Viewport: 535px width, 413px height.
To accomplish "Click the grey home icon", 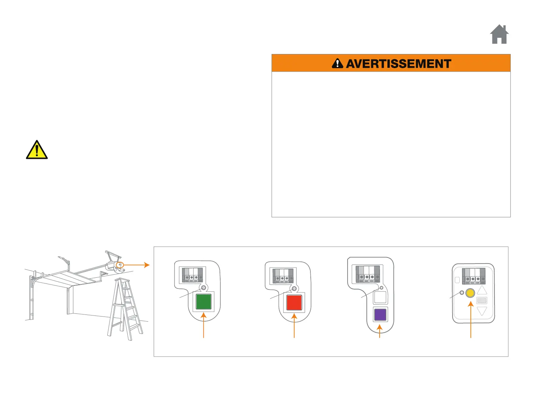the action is coord(499,35).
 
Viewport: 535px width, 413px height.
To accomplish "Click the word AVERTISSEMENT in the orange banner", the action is coord(399,64).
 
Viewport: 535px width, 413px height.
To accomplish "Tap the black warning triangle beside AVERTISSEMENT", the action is coord(337,63).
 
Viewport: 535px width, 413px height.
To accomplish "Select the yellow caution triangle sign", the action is coord(37,150).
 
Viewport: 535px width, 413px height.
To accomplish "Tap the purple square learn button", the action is coord(380,314).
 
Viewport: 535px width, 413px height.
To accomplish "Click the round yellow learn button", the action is coord(470,293).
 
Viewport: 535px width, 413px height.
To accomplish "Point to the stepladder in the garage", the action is coord(125,309).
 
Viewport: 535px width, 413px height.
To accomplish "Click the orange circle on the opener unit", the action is coord(120,265).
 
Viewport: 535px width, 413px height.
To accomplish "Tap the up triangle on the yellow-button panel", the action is coord(482,290).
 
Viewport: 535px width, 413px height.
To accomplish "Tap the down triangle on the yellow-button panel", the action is coord(482,311).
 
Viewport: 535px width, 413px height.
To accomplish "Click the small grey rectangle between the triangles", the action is coord(482,300).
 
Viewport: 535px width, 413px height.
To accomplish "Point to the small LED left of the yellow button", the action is coord(462,293).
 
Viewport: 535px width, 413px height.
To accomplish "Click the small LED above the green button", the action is coord(203,287).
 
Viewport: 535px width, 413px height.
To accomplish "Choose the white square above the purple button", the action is coord(380,297).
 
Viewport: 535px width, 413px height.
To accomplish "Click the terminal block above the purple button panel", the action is coord(368,274).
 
